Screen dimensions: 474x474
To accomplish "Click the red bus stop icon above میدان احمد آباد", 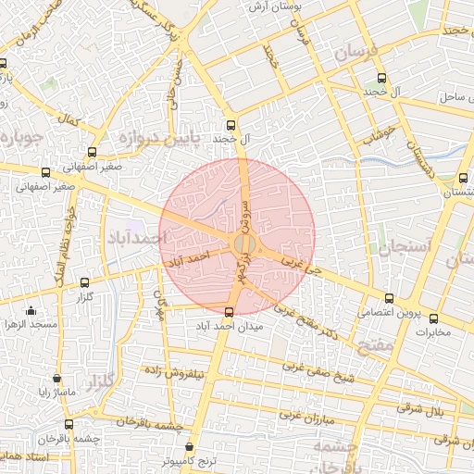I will [230, 311].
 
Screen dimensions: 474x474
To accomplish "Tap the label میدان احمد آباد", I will [231, 326].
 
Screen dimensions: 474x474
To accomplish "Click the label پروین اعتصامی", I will [388, 313].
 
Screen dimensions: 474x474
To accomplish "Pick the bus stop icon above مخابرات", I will [433, 318].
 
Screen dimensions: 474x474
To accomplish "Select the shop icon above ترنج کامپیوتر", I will [190, 445].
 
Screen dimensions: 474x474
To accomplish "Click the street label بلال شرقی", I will [428, 409].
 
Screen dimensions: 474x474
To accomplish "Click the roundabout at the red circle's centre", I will [243, 243].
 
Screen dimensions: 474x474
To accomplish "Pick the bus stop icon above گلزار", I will [85, 281].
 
